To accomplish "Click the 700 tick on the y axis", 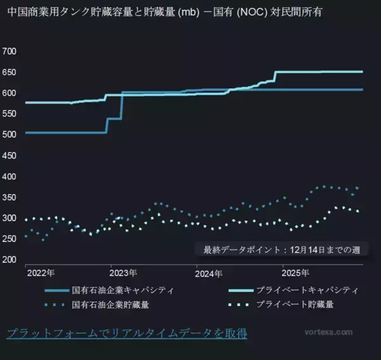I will (x=11, y=51).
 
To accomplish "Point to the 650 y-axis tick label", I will (x=11, y=72).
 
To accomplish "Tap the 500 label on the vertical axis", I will (x=11, y=135).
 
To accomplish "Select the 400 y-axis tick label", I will (x=11, y=176).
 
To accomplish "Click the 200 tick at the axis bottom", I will (x=11, y=260).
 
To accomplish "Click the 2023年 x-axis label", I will (x=123, y=274).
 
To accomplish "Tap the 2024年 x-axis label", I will (x=209, y=274).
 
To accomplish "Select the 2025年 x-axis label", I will (x=295, y=274).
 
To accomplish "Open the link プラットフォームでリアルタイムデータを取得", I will (x=126, y=333).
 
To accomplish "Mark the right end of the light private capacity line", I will (x=363, y=72).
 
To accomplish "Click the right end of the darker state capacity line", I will (x=363, y=90).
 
